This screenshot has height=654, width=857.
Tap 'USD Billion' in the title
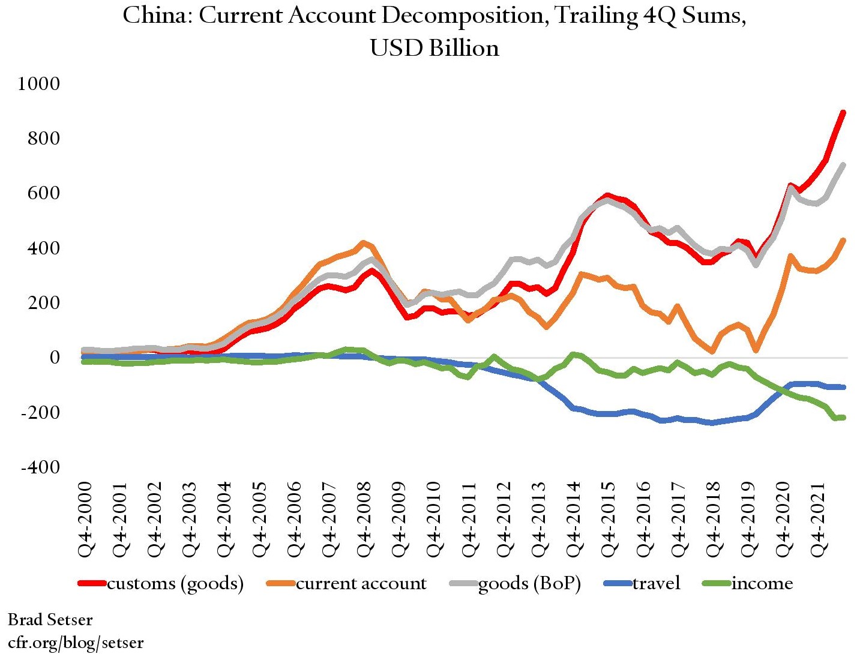[435, 48]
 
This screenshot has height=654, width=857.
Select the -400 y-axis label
[40, 467]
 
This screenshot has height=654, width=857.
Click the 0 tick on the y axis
[55, 358]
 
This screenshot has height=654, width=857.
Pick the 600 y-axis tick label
[44, 193]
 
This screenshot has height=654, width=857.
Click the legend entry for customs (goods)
[175, 583]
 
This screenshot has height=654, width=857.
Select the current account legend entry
[361, 583]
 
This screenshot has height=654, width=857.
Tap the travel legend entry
[656, 583]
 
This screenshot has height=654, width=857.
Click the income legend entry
[762, 583]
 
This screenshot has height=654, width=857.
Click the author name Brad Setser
[50, 619]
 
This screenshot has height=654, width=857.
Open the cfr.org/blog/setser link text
[76, 643]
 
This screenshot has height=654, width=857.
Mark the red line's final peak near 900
[843, 113]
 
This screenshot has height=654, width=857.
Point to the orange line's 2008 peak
[363, 243]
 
